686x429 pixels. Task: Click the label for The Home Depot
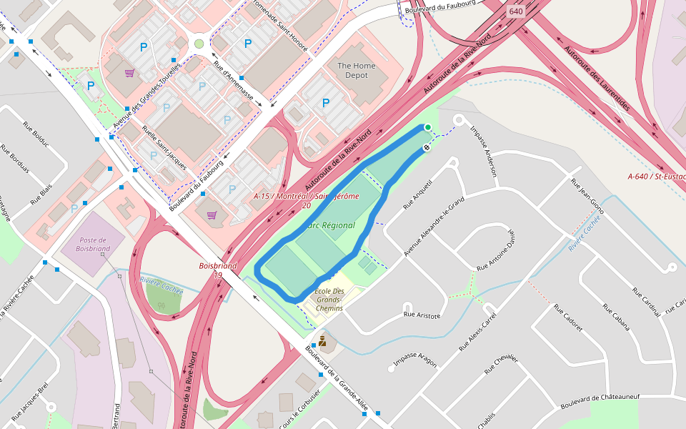tap(356, 71)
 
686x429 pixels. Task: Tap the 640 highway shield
tap(516, 11)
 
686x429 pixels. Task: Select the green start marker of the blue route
tap(428, 127)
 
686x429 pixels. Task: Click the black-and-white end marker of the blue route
tap(427, 148)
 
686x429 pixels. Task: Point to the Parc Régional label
tap(331, 225)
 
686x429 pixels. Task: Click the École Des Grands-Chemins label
tap(329, 300)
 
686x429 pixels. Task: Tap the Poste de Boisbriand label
tap(94, 245)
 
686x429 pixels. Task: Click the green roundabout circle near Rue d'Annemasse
tap(199, 44)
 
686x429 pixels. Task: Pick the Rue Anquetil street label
tap(418, 194)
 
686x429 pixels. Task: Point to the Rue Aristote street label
tap(422, 315)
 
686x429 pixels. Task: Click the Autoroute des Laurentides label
tap(597, 79)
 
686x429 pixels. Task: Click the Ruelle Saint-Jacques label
tap(164, 145)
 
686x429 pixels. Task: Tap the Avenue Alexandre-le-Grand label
tap(434, 227)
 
